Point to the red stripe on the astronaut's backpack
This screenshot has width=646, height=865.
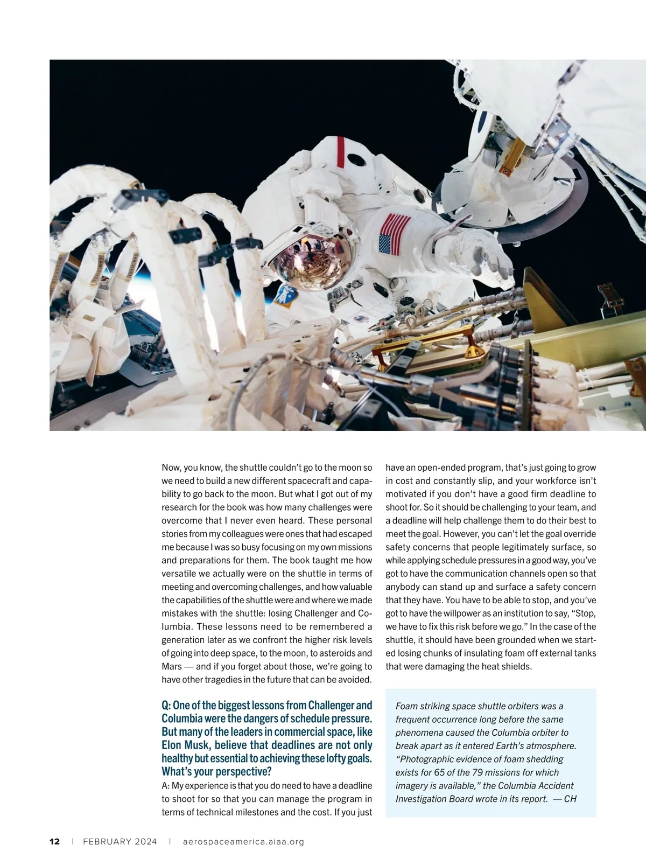(340, 152)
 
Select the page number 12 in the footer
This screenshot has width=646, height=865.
(54, 841)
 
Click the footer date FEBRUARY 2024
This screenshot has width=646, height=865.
(120, 841)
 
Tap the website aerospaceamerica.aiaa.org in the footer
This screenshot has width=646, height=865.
(243, 841)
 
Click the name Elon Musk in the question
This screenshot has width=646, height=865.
(186, 745)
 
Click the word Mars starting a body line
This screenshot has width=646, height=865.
(172, 666)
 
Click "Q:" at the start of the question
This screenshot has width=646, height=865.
(166, 705)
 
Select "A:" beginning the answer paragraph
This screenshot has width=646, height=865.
(166, 786)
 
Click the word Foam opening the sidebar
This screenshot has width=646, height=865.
(406, 706)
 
